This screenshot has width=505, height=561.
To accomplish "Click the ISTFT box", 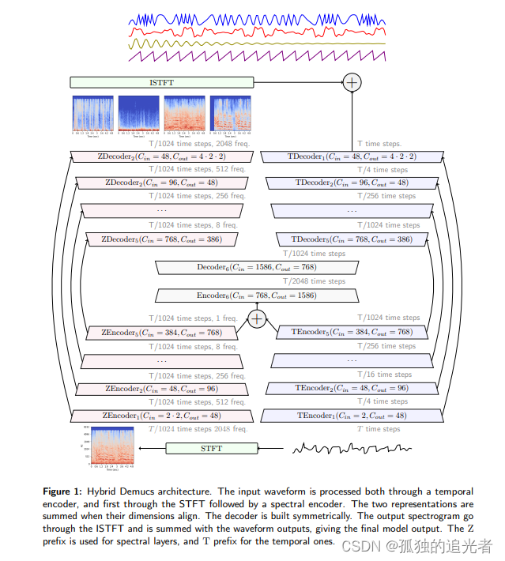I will click(x=162, y=82).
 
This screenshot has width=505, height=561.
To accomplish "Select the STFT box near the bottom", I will click(x=211, y=449).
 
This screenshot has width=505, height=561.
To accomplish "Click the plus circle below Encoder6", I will click(x=257, y=318).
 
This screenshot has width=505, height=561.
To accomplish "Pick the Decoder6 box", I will click(x=257, y=268).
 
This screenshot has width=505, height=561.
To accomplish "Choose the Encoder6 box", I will click(x=257, y=296).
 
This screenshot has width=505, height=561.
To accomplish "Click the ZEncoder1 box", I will click(x=161, y=416).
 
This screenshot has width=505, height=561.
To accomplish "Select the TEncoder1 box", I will click(x=352, y=416).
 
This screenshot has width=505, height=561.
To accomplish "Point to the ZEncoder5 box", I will click(x=161, y=333).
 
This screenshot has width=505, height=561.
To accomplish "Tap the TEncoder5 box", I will click(x=352, y=333).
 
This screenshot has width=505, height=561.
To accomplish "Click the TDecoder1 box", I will click(x=352, y=156).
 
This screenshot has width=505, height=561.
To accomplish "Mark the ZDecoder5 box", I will click(x=161, y=239).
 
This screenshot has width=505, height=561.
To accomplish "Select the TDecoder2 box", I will click(x=352, y=183).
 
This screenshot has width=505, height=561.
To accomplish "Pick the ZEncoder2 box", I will click(x=161, y=389).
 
